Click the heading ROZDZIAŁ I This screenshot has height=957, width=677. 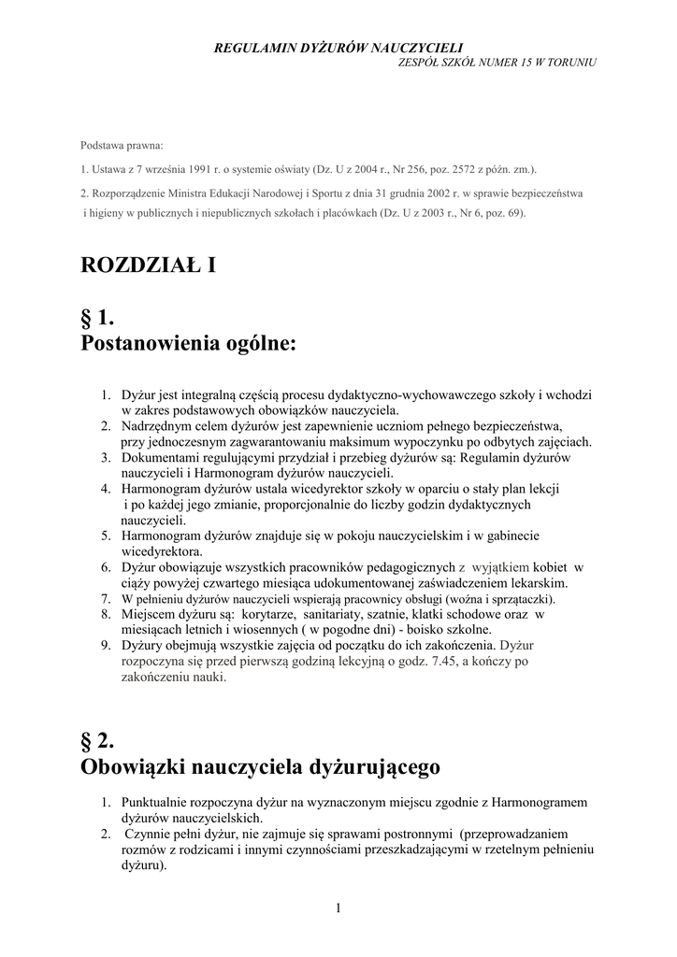coord(149,266)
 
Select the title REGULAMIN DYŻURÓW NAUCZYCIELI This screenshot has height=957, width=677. coord(338,46)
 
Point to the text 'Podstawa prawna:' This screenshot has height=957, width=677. coord(122,146)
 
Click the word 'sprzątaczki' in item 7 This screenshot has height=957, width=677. coord(520,599)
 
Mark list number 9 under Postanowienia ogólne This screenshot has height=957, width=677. coord(106,645)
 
